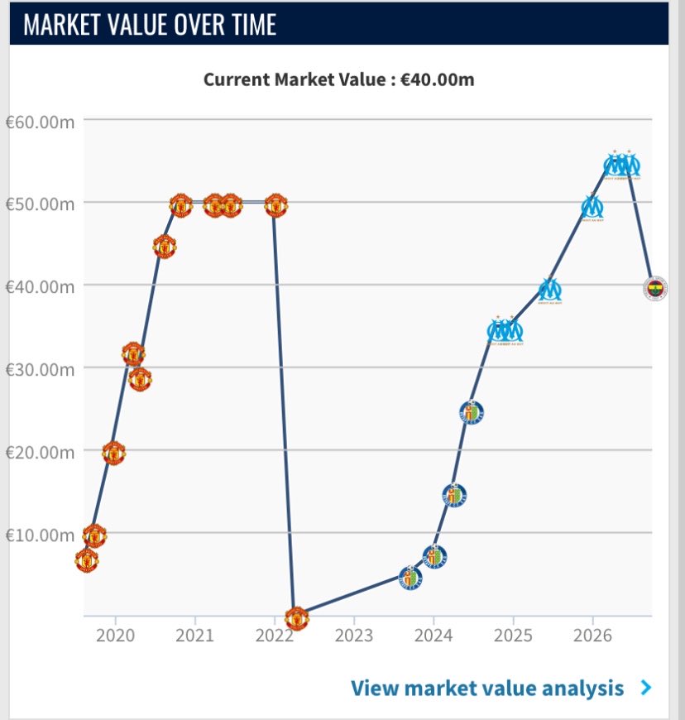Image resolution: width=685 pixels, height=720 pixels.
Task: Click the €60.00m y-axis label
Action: coord(40,122)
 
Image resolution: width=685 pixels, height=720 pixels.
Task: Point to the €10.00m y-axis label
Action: coord(40,535)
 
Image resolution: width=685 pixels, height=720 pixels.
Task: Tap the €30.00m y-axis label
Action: coord(40,370)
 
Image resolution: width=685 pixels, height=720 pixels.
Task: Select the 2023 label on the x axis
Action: coord(353,636)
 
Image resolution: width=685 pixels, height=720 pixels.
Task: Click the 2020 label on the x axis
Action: coord(115,636)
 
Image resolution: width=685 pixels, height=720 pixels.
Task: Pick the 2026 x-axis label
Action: coord(592,636)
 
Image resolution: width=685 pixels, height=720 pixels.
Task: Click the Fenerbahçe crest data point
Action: coord(655,288)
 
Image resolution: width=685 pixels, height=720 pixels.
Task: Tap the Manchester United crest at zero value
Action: coord(297,618)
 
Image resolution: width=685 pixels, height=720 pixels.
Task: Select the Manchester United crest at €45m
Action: coord(165,247)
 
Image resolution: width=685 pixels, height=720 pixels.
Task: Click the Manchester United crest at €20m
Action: coord(114,454)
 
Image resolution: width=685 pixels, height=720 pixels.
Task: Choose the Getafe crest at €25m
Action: coord(472,412)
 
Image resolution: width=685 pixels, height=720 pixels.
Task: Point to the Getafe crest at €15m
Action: coord(454,495)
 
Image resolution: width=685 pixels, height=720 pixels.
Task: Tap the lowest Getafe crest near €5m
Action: coord(410,577)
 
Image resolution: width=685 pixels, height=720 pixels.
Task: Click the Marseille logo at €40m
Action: coord(549,290)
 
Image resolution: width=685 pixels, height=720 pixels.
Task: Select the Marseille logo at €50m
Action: coord(592,208)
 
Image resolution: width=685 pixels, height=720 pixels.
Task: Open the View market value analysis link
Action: coord(487,688)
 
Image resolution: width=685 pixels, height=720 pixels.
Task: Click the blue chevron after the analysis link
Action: coord(646,688)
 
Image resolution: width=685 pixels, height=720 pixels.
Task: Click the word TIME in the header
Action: coord(254,24)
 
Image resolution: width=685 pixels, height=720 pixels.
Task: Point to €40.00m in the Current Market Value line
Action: coord(438,79)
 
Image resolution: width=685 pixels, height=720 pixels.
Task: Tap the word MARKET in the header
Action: coord(61,24)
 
